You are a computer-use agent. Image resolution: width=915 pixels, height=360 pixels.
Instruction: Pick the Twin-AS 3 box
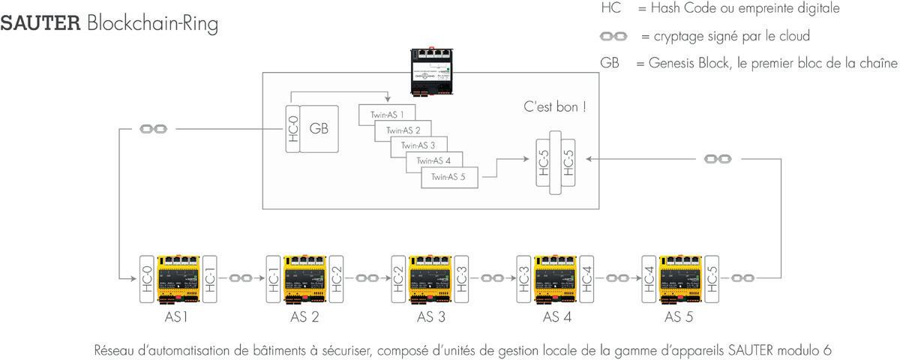[418, 145]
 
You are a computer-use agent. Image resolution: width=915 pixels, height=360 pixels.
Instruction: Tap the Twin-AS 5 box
[450, 178]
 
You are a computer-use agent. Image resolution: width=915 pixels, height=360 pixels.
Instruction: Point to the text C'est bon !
[555, 107]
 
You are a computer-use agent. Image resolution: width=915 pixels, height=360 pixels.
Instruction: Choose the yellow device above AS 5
[679, 278]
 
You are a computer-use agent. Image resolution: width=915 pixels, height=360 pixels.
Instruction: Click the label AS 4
[557, 317]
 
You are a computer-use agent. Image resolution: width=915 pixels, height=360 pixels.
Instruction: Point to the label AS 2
[304, 317]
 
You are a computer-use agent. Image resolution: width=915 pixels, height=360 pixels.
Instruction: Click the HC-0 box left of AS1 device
[148, 278]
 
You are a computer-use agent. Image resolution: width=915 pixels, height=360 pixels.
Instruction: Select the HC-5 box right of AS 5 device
[712, 278]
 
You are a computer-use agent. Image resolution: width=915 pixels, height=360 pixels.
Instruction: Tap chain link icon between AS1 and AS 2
[241, 278]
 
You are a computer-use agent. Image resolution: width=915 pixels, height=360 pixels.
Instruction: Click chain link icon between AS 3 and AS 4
[492, 278]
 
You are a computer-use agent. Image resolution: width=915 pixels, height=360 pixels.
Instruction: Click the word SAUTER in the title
[40, 23]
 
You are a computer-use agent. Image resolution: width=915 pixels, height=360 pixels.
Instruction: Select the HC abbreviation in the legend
[611, 9]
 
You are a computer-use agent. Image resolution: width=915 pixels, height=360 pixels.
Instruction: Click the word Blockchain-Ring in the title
[152, 24]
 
